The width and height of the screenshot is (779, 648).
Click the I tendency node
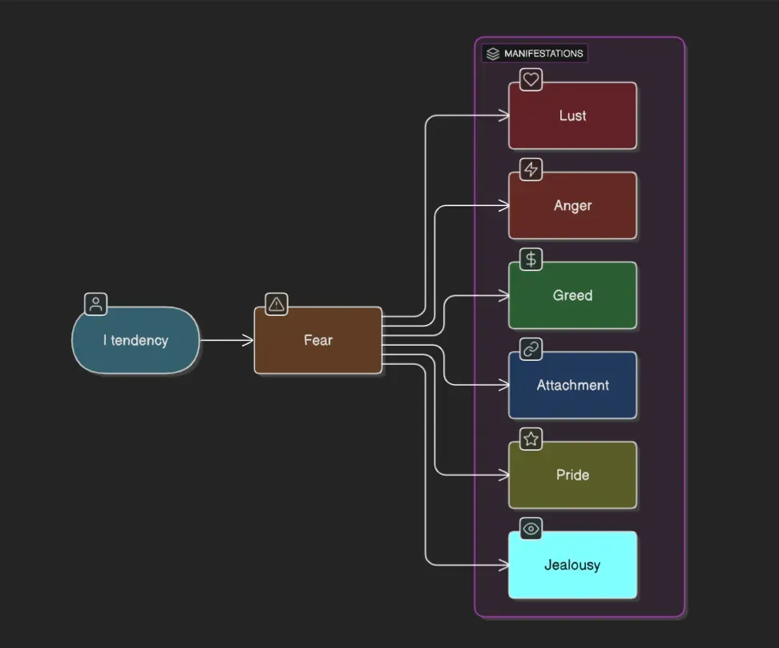coord(135,340)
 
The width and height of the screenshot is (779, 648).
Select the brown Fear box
coord(318,340)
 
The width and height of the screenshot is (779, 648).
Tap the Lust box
coord(572,115)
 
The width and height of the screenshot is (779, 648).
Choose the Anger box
coord(572,205)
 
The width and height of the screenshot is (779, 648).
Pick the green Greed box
coord(572,295)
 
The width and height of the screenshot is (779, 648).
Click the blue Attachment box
coord(572,385)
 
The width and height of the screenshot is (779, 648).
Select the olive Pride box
coord(572,475)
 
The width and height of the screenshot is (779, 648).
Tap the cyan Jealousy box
coord(572,565)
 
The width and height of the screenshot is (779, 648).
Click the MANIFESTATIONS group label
coord(543,54)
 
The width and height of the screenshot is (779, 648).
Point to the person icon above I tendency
coord(96,304)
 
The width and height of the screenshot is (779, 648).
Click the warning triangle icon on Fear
coord(276,304)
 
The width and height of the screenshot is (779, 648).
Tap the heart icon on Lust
coord(531,79)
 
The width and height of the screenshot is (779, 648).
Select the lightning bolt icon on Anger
coord(531,169)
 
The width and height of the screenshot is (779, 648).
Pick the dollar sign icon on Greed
coord(531,259)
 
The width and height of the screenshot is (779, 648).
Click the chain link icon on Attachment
coord(531,349)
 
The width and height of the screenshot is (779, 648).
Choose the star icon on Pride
coord(531,439)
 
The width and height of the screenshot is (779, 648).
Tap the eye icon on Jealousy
coord(531,529)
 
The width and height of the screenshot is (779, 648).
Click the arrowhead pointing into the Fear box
coord(248,340)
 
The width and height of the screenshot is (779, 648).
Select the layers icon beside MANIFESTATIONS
coord(493,54)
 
